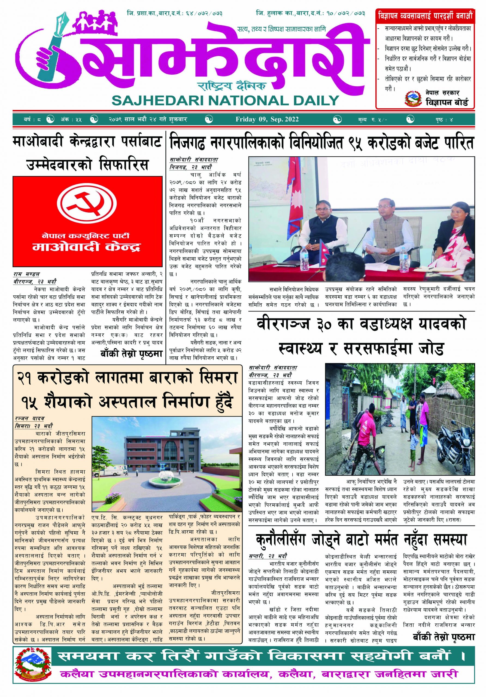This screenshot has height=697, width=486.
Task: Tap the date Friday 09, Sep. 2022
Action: click(x=267, y=119)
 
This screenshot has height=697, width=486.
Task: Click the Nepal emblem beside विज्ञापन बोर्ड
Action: click(x=412, y=98)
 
